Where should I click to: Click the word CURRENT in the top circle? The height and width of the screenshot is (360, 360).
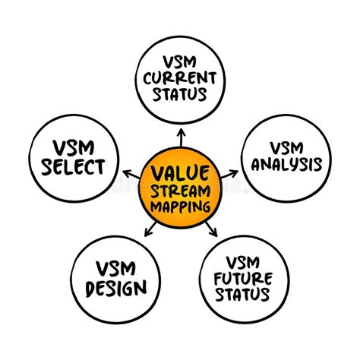pos(180,76)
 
